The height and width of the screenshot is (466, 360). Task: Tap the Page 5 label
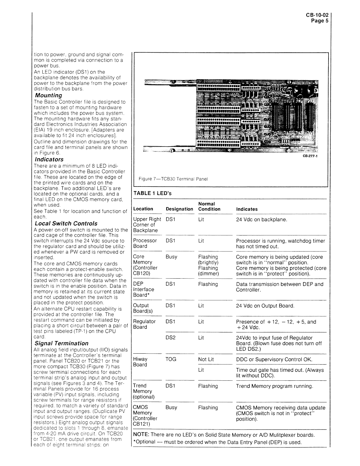click(x=320, y=21)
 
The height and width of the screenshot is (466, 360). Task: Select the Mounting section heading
click(x=49, y=96)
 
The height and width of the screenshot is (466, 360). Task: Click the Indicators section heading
click(x=49, y=159)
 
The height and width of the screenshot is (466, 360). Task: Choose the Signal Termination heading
click(x=61, y=343)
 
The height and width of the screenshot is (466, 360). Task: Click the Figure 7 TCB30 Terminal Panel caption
click(x=173, y=179)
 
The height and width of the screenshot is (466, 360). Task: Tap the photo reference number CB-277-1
click(x=310, y=157)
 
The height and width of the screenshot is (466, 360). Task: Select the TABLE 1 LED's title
click(x=152, y=193)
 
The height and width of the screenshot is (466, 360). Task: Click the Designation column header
click(x=179, y=209)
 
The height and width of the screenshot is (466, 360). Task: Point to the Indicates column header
click(x=247, y=209)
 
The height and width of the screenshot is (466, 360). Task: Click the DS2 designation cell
click(x=171, y=338)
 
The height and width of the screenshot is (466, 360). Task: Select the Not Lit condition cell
click(x=206, y=359)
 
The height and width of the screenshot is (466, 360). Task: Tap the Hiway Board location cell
click(x=140, y=362)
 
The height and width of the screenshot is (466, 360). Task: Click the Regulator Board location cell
click(x=144, y=324)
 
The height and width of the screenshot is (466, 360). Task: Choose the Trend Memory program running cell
click(x=274, y=386)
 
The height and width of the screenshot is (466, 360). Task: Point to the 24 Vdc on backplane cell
click(x=261, y=219)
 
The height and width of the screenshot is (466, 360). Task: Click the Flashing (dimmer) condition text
click(x=208, y=271)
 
